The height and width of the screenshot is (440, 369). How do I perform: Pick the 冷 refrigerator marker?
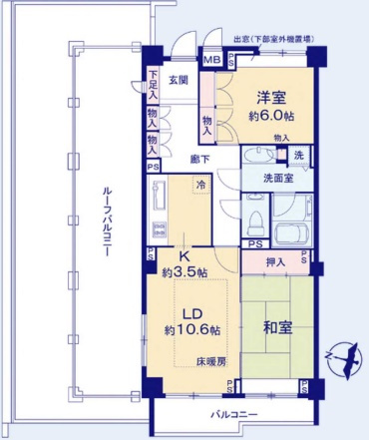click(x=200, y=185)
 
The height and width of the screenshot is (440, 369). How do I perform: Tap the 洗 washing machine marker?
click(x=298, y=155)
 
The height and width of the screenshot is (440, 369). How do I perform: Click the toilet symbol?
click(x=254, y=214)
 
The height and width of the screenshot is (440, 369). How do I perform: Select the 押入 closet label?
click(x=276, y=262)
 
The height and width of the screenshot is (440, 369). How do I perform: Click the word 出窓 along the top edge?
click(x=241, y=40)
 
